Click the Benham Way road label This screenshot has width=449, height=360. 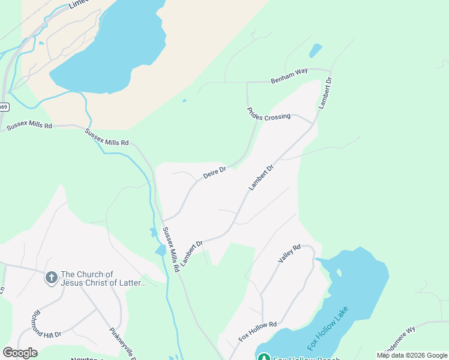[x=289, y=75]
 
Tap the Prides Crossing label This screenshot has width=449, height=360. [x=268, y=113]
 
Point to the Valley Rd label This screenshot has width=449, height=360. [x=289, y=253]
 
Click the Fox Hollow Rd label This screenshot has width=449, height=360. [x=257, y=331]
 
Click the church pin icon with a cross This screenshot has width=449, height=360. [x=52, y=278]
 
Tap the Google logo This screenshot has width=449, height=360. [x=20, y=353]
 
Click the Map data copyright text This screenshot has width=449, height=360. [x=412, y=355]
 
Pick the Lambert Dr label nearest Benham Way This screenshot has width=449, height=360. [x=325, y=92]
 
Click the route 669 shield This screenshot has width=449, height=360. [x=4, y=107]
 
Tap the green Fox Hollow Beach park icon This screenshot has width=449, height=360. [x=263, y=357]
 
